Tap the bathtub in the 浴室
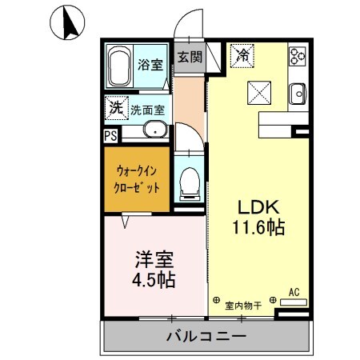click(121, 66)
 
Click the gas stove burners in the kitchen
click(298, 56)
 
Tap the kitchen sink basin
click(298, 93)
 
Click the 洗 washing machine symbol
click(116, 106)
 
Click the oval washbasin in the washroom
click(154, 130)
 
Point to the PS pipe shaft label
click(110, 135)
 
